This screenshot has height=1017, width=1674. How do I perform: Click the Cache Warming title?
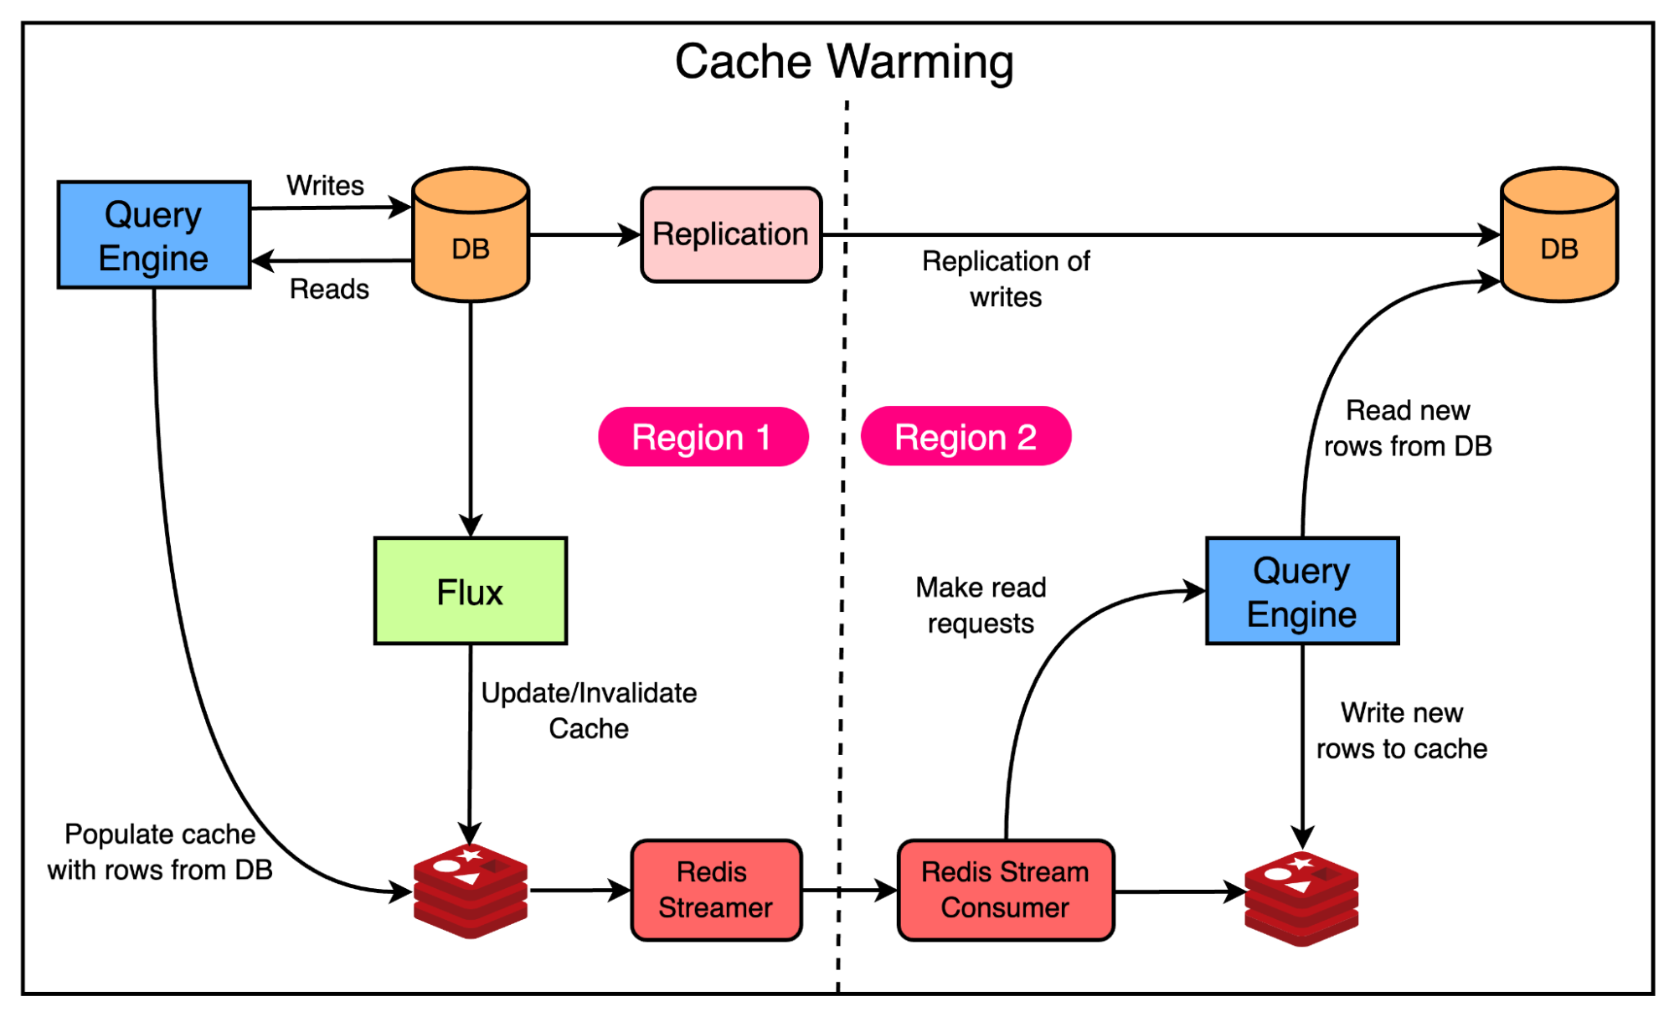(843, 62)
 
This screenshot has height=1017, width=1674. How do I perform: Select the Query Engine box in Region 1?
(154, 235)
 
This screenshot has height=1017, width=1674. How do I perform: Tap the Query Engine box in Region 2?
(1301, 591)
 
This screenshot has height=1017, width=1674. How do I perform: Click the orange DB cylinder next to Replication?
(471, 235)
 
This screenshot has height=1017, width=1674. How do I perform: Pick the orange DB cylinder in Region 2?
(1558, 235)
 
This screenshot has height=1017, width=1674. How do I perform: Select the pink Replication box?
(731, 234)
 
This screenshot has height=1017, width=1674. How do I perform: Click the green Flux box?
(470, 591)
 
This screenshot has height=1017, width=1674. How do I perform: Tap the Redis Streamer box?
(716, 890)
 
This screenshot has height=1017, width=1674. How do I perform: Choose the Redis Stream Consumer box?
(1005, 890)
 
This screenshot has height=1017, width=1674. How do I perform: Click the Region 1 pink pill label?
(703, 437)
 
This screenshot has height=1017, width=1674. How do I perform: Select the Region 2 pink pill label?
(966, 437)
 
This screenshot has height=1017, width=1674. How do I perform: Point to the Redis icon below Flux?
(471, 891)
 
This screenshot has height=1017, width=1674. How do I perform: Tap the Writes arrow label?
(325, 185)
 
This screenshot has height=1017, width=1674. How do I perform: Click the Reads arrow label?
(329, 289)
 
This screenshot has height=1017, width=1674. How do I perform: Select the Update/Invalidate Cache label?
(589, 711)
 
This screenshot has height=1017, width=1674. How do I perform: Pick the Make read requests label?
(981, 605)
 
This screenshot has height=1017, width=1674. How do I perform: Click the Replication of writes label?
(1006, 279)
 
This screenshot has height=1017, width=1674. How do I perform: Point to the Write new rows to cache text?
(1401, 730)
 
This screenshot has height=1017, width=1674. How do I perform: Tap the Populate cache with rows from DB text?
(160, 851)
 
